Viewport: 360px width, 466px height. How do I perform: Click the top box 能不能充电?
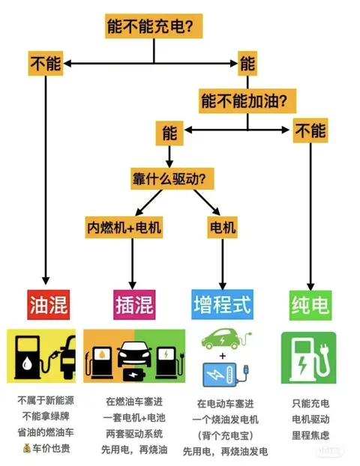(154, 26)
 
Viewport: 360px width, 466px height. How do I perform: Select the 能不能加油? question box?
(247, 100)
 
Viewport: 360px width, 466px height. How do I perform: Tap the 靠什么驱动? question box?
(172, 178)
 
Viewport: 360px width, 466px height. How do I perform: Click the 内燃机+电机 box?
(124, 227)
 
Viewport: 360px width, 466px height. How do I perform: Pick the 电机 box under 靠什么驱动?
(222, 227)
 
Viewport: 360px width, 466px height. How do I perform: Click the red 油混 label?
(49, 305)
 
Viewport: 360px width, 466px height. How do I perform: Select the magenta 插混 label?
(134, 305)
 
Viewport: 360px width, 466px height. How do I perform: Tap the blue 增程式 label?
(222, 304)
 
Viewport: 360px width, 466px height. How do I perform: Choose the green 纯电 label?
(310, 305)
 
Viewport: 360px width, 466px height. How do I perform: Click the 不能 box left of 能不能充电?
(46, 63)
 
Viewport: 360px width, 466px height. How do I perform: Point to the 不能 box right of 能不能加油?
(310, 130)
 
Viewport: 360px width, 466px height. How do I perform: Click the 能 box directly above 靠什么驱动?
(169, 133)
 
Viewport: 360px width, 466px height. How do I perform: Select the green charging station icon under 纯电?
(308, 358)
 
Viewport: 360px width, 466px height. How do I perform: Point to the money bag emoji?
(27, 448)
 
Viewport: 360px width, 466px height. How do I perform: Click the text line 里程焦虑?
(310, 435)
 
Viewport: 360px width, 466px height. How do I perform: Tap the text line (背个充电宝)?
(225, 436)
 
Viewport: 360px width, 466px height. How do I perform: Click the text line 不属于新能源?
(46, 400)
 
